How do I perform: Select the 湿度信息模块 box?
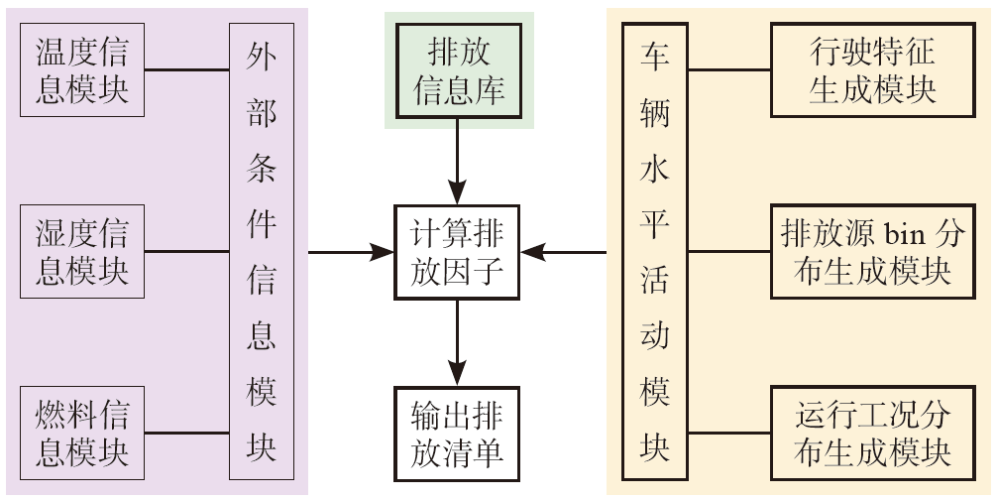pos(82,252)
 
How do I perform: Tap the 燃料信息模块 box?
pos(82,433)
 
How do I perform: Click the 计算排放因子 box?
pos(457,252)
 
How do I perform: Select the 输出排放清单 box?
pos(457,434)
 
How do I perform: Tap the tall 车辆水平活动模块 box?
pos(655,252)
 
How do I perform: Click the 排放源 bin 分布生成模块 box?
pos(872,252)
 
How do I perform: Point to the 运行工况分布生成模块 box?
pos(872,433)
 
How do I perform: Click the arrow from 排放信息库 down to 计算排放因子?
pos(457,159)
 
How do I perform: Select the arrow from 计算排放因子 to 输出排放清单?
pos(457,342)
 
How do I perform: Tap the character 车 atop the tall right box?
pos(655,54)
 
